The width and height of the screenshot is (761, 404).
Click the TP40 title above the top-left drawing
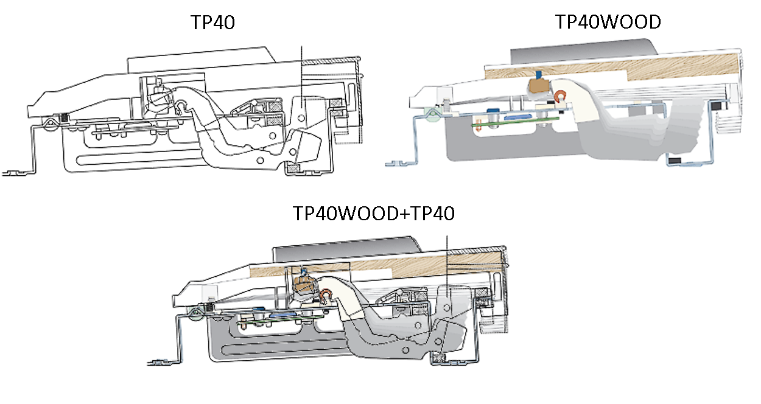coord(212,23)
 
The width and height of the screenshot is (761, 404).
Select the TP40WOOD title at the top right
coord(608,23)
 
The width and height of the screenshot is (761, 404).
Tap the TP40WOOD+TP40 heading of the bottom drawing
coord(374,214)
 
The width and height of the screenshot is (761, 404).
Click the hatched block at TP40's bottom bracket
coord(294,167)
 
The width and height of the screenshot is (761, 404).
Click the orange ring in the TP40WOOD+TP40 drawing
coord(326,296)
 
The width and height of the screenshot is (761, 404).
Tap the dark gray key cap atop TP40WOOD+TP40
coord(346,246)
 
